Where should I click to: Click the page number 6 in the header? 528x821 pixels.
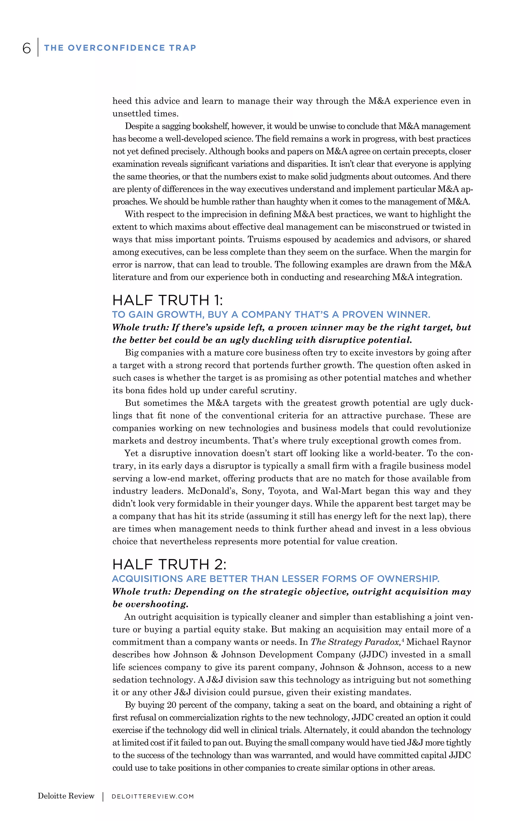(26, 48)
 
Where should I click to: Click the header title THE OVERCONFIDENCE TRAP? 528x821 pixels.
(120, 48)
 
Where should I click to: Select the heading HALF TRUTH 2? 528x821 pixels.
(169, 564)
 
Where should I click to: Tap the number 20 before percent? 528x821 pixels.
(172, 705)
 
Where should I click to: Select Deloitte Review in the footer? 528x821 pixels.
(66, 796)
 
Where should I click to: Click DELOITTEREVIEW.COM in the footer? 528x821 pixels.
(153, 796)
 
